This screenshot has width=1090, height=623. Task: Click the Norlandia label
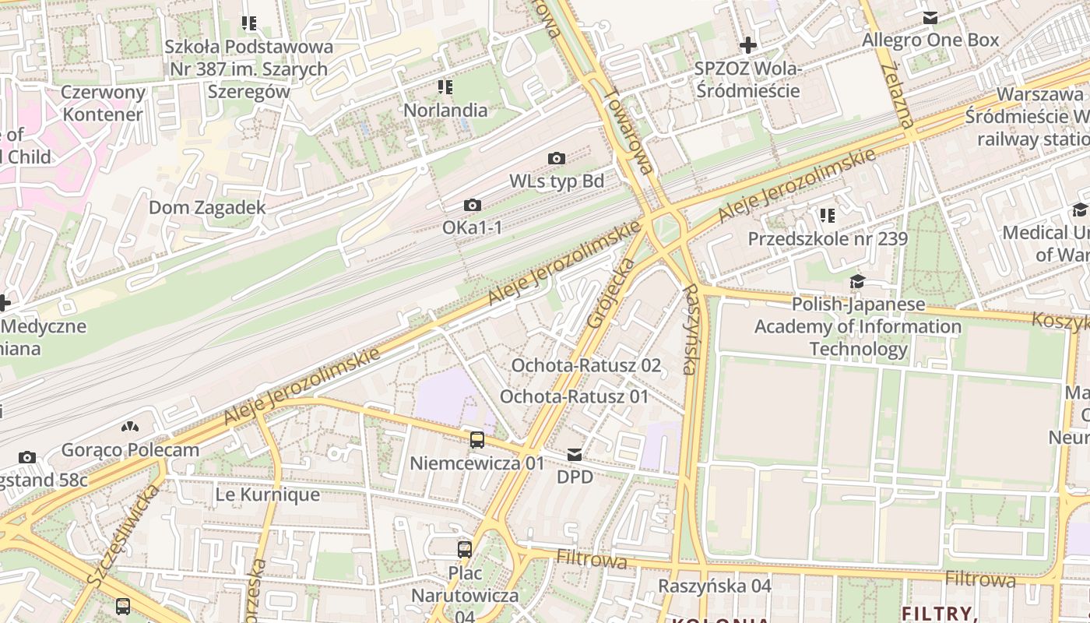[x=445, y=110]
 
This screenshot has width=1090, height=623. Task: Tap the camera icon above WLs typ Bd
[x=557, y=159]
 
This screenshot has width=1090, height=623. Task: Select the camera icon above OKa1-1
[x=472, y=206]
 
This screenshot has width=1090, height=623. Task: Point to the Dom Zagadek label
[x=207, y=208]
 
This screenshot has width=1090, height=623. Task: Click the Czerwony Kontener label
[x=104, y=104]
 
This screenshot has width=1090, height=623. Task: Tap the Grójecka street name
[x=612, y=292]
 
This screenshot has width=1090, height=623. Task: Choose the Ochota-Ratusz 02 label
[x=585, y=365]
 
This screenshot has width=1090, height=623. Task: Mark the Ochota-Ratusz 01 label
[x=574, y=396]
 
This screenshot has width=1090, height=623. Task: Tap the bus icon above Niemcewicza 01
[x=477, y=440]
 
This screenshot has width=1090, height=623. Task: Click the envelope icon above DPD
[x=575, y=454]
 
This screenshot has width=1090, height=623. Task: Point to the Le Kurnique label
[x=268, y=495]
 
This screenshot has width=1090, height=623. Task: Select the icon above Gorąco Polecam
[x=130, y=427]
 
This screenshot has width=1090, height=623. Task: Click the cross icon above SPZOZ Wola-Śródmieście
[x=747, y=45]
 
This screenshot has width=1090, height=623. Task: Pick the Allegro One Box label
[x=930, y=40]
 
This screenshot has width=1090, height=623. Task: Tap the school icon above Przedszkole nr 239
[x=827, y=215]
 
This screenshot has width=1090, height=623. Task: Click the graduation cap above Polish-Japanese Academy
[x=857, y=281]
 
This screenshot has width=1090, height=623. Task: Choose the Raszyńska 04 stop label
[x=715, y=586]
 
